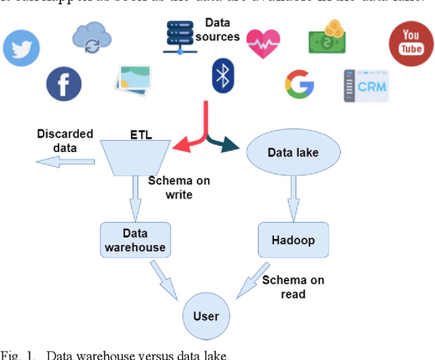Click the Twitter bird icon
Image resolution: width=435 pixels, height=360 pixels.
(22, 48)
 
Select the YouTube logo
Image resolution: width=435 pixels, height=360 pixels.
(411, 43)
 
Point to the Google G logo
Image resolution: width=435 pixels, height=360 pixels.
(299, 84)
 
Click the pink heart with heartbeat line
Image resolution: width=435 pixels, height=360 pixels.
(262, 43)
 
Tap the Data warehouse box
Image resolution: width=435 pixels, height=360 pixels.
(135, 240)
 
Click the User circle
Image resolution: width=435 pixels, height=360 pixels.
(206, 316)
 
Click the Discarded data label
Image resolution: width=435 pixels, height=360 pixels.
(65, 141)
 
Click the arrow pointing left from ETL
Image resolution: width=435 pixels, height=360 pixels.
(65, 162)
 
